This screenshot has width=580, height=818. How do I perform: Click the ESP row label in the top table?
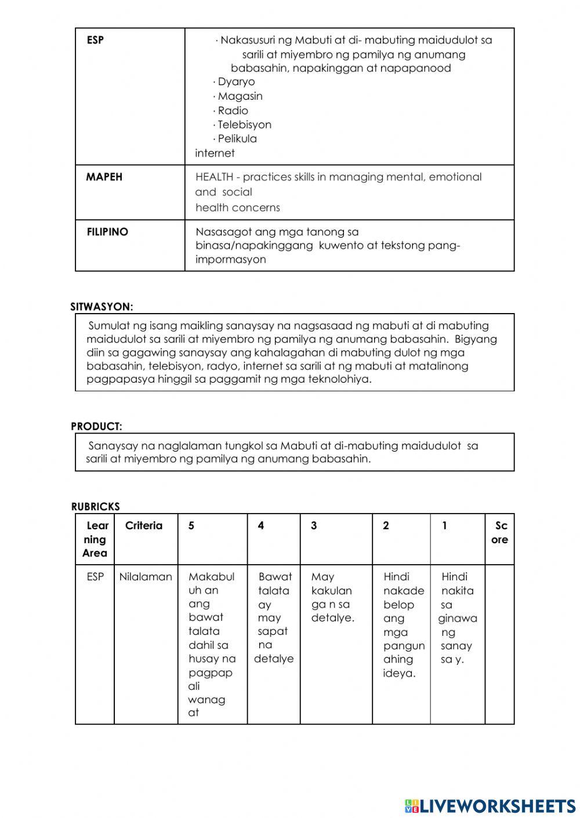coord(95,41)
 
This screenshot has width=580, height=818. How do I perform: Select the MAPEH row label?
coord(104,177)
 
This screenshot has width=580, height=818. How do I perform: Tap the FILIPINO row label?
coord(107,232)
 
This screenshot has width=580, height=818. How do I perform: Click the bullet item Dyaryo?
coord(236,82)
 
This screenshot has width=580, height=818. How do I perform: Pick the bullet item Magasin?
coord(240,96)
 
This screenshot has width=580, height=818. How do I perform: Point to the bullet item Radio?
coord(233,110)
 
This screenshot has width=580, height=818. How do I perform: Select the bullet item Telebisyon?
coord(244,125)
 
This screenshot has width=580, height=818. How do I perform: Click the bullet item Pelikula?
coord(237,139)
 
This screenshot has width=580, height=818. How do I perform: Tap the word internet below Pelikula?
coord(215,153)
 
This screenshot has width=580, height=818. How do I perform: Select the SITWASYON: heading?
coord(102,307)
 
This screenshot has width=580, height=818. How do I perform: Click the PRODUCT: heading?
coord(97,426)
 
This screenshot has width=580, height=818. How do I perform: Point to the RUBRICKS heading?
coord(96,507)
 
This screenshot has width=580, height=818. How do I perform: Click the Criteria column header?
coord(144,526)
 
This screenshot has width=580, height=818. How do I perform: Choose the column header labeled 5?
coord(191,526)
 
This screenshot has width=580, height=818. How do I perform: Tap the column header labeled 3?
coord(314,526)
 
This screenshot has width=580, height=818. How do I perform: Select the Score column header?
coord(500,533)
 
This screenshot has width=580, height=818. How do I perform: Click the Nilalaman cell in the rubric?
coord(146,577)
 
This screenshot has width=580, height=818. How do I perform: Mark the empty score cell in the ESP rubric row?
coord(499,644)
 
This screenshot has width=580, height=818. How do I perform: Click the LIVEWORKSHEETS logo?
coord(490,805)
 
